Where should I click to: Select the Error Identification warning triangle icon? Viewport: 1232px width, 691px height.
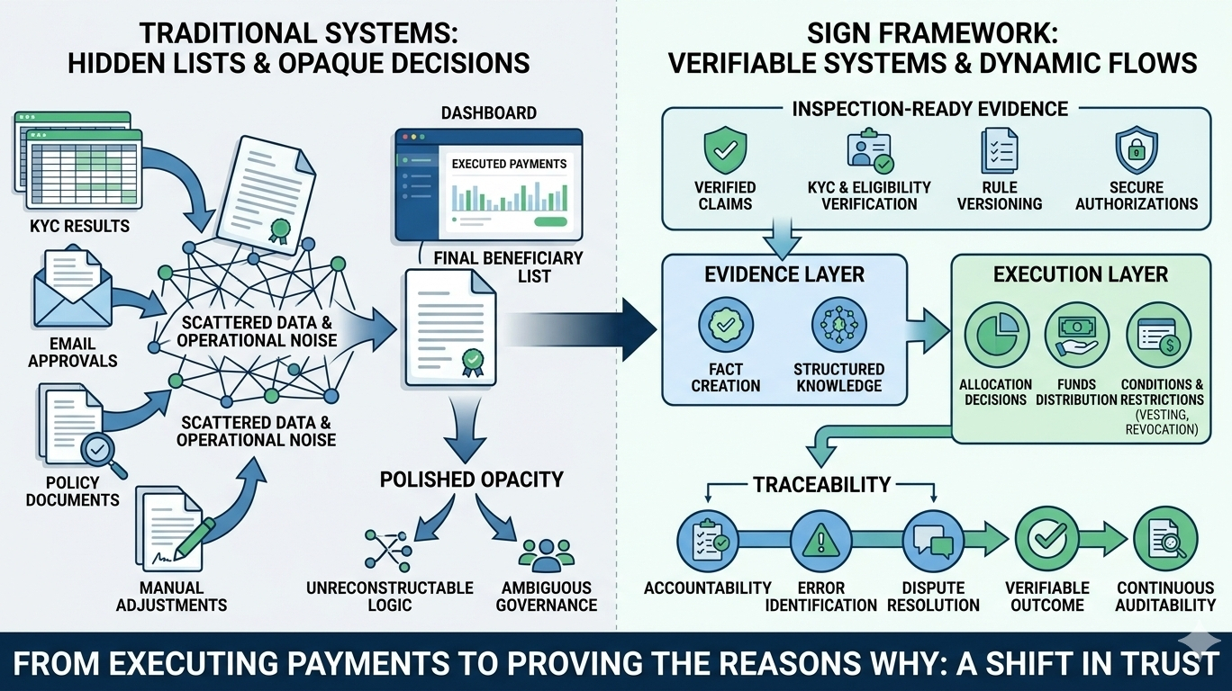tap(820, 540)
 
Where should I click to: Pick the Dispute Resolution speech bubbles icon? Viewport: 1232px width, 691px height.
tap(933, 540)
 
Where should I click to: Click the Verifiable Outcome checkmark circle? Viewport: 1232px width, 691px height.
tap(1046, 540)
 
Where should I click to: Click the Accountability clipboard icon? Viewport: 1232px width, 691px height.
tap(708, 540)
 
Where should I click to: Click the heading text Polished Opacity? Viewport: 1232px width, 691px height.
tap(471, 479)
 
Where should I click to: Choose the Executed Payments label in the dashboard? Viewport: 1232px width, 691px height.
tap(509, 164)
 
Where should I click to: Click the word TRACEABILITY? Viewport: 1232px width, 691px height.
tap(822, 486)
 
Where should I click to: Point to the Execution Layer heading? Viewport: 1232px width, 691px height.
tap(1081, 274)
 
